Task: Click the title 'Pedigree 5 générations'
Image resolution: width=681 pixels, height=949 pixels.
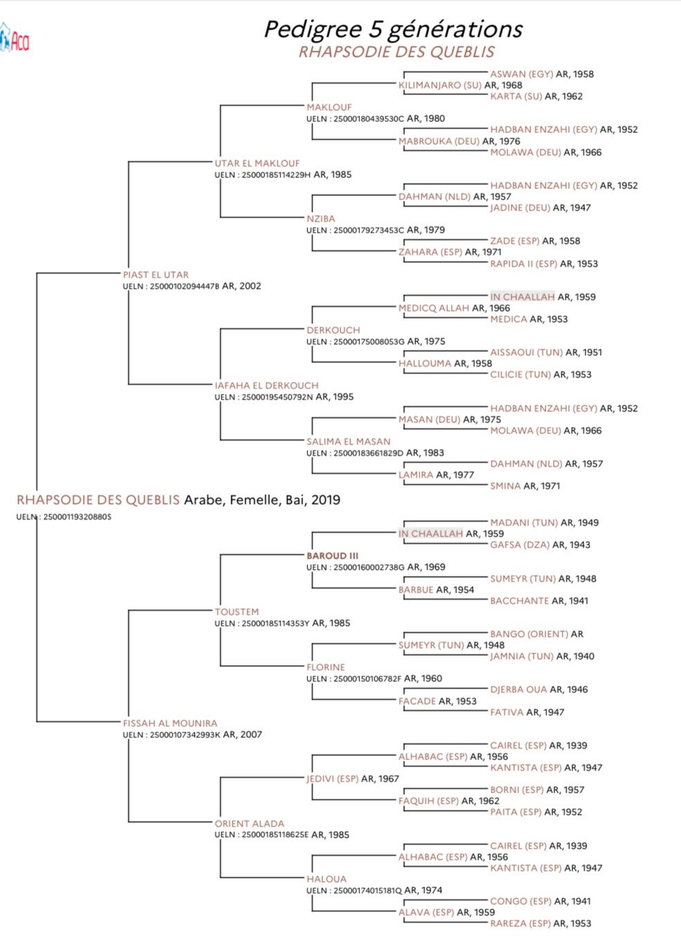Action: point(393,30)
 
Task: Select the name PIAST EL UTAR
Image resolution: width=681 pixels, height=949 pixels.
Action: point(156,274)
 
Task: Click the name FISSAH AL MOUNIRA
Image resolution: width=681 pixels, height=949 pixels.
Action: point(170,722)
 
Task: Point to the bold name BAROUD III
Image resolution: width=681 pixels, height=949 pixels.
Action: point(332,556)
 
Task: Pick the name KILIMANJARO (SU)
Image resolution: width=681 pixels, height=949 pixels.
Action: point(439,85)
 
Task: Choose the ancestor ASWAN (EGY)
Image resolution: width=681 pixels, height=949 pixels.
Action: point(521,74)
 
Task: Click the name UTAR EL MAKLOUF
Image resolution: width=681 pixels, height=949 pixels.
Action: point(257,163)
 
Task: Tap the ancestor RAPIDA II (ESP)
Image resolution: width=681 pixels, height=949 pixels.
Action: point(523,263)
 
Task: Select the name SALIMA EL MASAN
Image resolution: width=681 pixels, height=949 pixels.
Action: point(348,441)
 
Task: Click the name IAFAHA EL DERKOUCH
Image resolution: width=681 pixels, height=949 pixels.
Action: point(266,386)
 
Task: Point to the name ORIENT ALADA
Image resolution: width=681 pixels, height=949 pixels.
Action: point(249,824)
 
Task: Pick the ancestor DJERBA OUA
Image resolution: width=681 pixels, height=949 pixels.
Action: point(518,690)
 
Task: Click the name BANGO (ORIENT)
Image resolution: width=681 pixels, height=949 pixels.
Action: point(529,635)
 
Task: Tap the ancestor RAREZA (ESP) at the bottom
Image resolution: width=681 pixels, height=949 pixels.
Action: point(520,923)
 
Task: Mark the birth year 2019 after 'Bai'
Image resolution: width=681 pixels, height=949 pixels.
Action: point(325,500)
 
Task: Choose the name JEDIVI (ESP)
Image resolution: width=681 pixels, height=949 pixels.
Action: point(332,779)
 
